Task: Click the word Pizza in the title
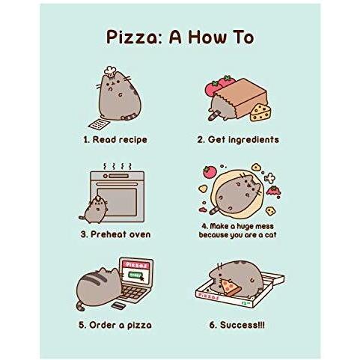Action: click(x=135, y=37)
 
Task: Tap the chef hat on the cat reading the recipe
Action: click(x=110, y=71)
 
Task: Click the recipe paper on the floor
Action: click(x=99, y=123)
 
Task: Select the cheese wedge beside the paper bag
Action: click(x=260, y=113)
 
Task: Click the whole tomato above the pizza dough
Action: click(x=210, y=172)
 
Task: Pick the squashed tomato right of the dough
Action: click(x=273, y=191)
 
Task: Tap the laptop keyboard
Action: click(x=134, y=293)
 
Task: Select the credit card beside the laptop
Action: click(x=118, y=305)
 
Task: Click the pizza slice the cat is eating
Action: click(x=231, y=287)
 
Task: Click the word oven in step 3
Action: click(x=138, y=234)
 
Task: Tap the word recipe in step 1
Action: click(x=132, y=140)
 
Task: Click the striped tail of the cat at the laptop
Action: click(x=80, y=305)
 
